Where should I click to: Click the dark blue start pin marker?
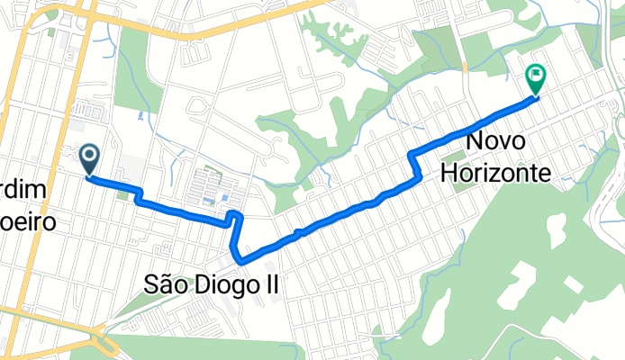pos(90,158)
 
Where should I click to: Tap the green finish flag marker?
pos(536,79)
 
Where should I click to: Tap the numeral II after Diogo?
pos(269,285)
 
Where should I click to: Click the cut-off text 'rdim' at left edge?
pos(20,193)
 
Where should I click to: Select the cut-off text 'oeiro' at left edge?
pos(27,221)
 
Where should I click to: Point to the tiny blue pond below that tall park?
pos(138,115)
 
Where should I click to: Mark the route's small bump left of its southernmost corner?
pos(232,217)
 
